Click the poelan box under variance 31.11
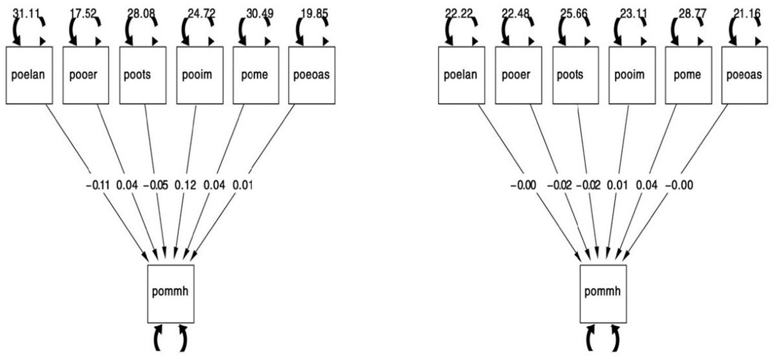[x=29, y=75]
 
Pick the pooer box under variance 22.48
[x=516, y=75]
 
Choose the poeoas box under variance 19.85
[x=312, y=75]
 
